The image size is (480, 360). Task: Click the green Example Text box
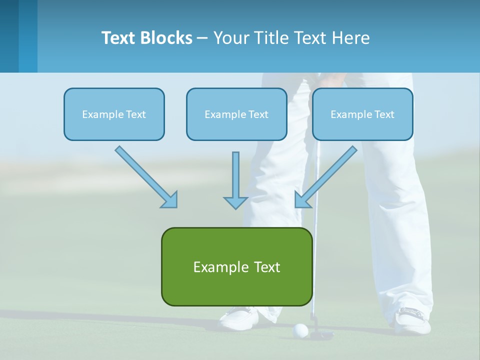(236, 266)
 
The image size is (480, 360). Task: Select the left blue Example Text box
(114, 114)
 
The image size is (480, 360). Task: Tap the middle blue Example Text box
(236, 114)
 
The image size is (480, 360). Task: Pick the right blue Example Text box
(362, 114)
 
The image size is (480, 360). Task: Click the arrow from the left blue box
(145, 176)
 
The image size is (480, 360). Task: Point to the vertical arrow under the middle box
(235, 180)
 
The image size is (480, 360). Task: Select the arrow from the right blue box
(326, 176)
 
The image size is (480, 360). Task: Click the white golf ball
(300, 330)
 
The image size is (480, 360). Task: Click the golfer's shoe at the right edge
(413, 320)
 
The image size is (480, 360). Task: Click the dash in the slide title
(202, 38)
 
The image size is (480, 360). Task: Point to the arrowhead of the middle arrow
(235, 202)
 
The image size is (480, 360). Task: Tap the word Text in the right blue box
(384, 114)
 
